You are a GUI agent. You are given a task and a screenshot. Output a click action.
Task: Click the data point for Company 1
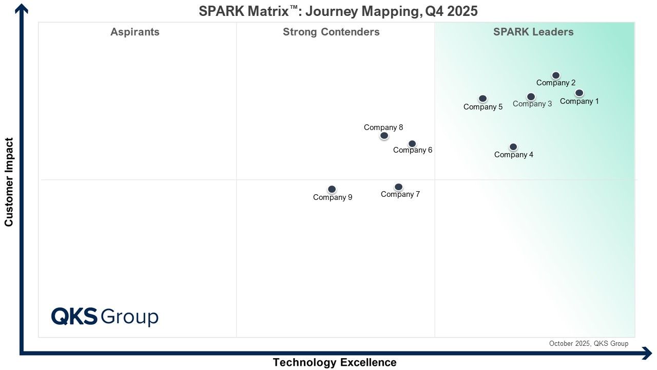[x=579, y=93]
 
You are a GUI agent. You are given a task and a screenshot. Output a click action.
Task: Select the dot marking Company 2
[x=556, y=76]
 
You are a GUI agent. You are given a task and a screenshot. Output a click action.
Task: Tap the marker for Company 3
[x=531, y=97]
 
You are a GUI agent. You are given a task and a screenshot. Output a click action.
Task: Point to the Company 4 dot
[x=513, y=147]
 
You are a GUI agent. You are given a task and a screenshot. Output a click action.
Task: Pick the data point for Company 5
[x=483, y=99]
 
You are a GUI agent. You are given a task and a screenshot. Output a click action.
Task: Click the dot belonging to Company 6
[x=412, y=144]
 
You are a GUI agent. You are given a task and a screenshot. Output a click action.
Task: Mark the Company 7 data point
[x=398, y=187]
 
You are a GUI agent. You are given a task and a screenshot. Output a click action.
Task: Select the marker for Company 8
[x=384, y=136]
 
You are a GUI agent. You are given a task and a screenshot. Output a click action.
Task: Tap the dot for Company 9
[x=332, y=190]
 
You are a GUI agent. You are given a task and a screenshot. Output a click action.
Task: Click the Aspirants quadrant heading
[x=135, y=32]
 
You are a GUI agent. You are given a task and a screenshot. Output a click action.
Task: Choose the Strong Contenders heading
[x=331, y=32]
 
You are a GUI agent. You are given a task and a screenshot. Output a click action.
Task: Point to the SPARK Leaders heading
[x=533, y=32]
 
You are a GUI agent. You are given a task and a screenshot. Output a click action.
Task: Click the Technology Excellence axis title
[x=335, y=362]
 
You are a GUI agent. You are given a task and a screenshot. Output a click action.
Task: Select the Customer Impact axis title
[x=9, y=182]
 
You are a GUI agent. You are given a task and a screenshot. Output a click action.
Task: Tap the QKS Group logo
[x=105, y=317]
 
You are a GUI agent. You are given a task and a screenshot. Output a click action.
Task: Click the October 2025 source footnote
[x=589, y=344]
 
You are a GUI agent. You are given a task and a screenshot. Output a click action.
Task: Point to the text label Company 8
[x=383, y=127]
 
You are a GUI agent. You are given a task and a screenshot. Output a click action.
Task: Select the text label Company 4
[x=514, y=155]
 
